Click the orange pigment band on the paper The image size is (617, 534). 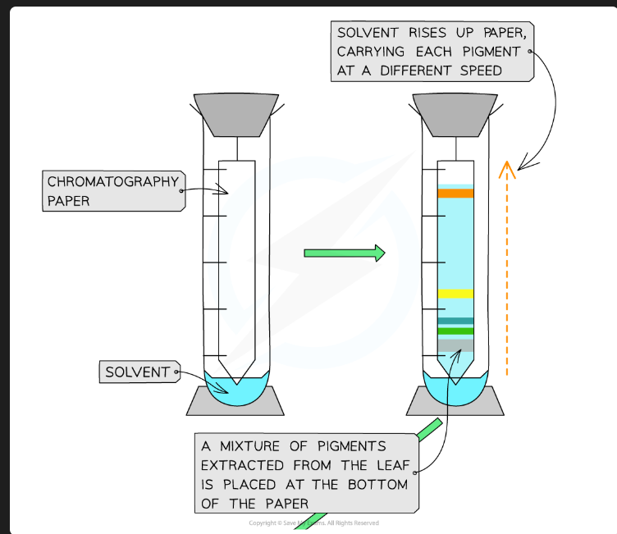click(455, 194)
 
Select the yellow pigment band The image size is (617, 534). click(455, 294)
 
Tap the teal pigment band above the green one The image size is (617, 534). click(455, 321)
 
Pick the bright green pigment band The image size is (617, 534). click(455, 331)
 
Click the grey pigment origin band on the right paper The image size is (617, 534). click(455, 345)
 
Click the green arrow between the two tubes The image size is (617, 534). click(344, 253)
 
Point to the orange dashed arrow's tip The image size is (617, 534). click(507, 167)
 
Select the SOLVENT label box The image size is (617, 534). click(137, 372)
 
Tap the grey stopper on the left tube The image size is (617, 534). click(235, 114)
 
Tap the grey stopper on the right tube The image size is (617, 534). click(455, 114)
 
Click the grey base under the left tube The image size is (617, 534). click(235, 401)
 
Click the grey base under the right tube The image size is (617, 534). click(455, 401)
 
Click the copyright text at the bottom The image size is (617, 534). click(314, 523)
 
